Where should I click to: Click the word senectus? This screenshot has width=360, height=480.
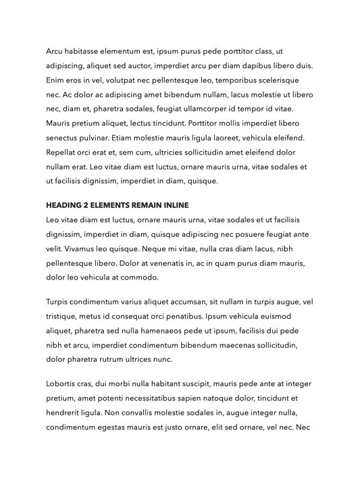click(64, 138)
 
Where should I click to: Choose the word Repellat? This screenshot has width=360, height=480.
click(63, 153)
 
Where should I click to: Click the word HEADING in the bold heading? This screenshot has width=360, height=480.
click(66, 205)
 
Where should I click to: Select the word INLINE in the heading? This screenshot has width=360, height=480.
click(176, 205)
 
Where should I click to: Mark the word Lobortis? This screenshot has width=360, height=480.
click(63, 384)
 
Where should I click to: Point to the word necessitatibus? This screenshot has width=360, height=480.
click(147, 398)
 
